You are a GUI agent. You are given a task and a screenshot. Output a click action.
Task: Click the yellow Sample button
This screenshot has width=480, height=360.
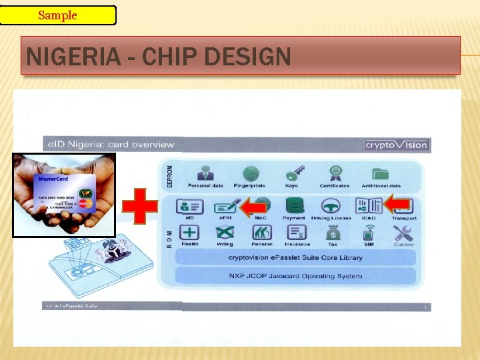(58, 15)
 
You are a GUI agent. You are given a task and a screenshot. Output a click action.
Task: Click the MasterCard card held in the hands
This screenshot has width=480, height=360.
(65, 193)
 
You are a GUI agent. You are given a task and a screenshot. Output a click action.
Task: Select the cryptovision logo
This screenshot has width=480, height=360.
(396, 145)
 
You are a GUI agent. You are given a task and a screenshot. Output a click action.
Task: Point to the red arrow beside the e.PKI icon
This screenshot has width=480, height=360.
(253, 207)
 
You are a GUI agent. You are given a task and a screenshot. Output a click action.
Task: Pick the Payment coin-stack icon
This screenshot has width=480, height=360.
(294, 206)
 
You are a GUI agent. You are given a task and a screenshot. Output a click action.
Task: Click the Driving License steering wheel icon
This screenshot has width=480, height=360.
(330, 206)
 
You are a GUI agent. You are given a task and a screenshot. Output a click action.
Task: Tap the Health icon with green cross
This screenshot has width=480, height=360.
(189, 233)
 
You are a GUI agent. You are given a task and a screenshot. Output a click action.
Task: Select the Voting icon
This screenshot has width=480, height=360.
(224, 233)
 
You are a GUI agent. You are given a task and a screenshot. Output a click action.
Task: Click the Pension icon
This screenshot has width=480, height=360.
(261, 233)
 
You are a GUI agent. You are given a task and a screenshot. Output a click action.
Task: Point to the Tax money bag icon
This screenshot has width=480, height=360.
(333, 233)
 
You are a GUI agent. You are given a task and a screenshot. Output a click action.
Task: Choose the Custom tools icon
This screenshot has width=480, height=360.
(403, 233)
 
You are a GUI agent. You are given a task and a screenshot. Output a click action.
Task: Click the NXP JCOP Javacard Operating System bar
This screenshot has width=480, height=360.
(295, 276)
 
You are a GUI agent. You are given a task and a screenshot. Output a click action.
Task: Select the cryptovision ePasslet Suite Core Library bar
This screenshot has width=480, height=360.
(295, 257)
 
